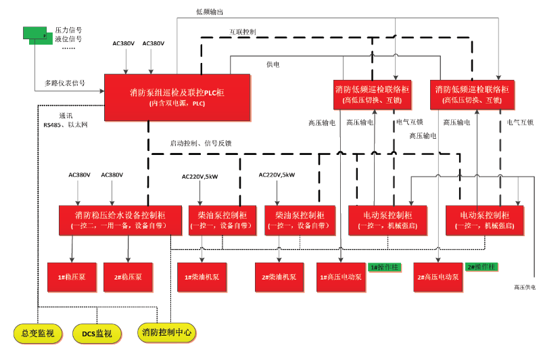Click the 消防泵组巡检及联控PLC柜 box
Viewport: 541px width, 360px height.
click(177, 97)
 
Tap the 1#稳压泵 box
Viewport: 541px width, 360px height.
click(73, 277)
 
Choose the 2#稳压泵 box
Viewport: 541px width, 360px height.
click(126, 277)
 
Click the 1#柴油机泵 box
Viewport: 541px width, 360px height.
click(202, 277)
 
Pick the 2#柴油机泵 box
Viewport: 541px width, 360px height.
click(279, 277)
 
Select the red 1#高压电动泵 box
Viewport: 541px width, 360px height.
click(341, 277)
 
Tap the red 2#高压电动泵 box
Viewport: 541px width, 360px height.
click(438, 277)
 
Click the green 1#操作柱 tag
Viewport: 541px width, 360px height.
click(386, 267)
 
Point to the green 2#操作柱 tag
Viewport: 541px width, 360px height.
click(481, 267)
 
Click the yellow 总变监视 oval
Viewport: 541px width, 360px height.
click(38, 333)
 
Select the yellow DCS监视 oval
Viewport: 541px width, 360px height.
click(97, 333)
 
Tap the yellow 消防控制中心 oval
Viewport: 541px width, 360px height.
click(167, 332)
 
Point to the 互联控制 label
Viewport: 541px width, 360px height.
click(242, 32)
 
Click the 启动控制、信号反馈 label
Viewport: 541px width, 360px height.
click(201, 143)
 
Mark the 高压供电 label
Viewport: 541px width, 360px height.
click(525, 288)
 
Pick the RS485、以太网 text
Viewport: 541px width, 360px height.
click(66, 125)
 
